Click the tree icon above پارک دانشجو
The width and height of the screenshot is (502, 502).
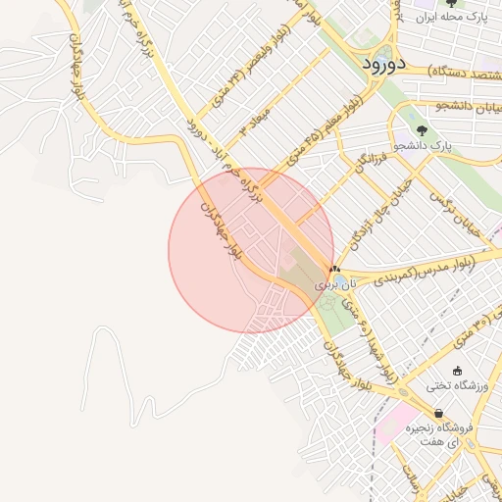click(423, 129)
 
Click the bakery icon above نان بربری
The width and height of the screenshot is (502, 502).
click(334, 268)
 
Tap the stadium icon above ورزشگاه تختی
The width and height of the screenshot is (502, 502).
click(457, 370)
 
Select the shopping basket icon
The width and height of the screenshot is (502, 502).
click(437, 413)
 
